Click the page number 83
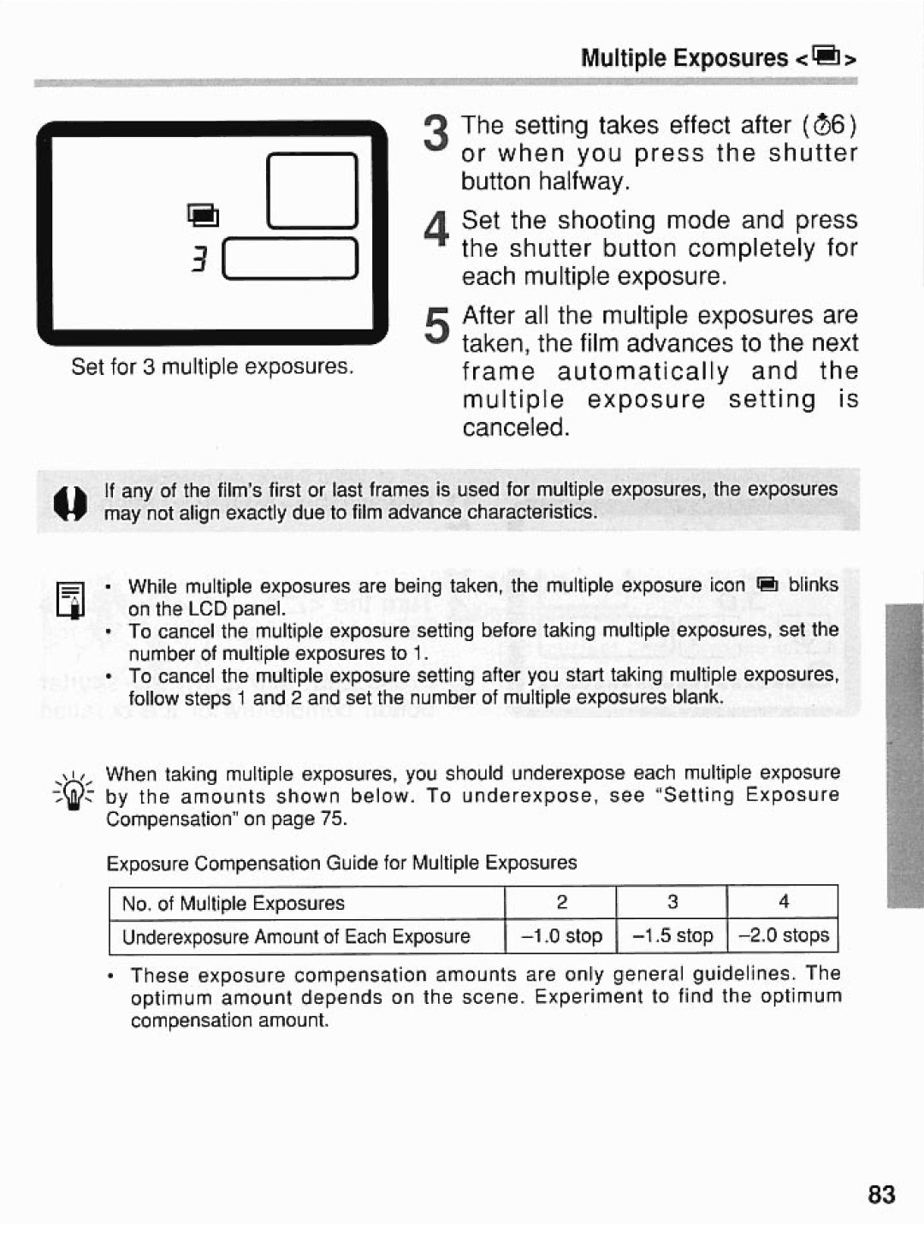pos(880,1194)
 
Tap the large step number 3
pos(435,135)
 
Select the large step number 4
pos(435,230)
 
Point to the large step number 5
pos(435,326)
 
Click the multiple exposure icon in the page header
pos(827,57)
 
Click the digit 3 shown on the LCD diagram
pos(199,258)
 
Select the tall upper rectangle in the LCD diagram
pos(311,190)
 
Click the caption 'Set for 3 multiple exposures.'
pos(212,367)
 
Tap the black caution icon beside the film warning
pos(71,502)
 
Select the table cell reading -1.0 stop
pos(561,935)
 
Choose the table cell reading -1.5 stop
pos(672,935)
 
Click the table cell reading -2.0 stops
pos(783,935)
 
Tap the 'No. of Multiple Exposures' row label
pos(233,904)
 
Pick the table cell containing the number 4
pos(783,902)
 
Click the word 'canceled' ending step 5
pos(515,428)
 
